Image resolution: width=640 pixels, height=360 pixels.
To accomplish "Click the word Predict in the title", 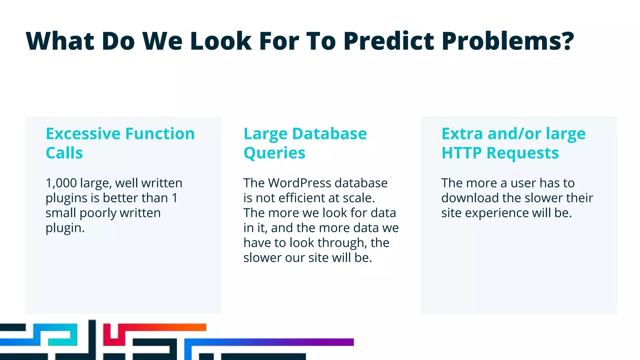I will (389, 41).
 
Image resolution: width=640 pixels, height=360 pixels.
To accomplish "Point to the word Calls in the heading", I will (64, 153).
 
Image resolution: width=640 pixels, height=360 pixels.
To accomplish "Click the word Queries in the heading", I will (274, 153).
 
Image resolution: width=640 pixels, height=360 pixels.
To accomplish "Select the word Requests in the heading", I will (522, 153).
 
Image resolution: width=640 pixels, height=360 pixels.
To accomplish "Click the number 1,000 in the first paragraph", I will (61, 183).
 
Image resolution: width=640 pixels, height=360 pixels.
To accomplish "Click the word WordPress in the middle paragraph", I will (299, 183).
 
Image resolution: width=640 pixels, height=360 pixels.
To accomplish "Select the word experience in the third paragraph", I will (497, 213).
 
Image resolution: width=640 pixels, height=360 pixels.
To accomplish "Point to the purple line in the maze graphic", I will (297, 342).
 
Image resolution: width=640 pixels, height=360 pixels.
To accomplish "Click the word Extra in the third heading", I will (462, 134).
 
